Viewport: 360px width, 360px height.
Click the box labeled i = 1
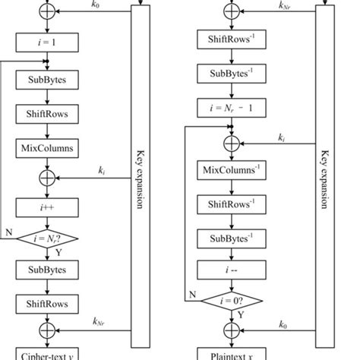pos(46,43)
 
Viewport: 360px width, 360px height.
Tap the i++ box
pos(46,206)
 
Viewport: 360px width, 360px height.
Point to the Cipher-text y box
pos(46,354)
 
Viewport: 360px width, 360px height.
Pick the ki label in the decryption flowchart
pos(282,136)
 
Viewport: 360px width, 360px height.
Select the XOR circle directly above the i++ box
pos(46,178)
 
